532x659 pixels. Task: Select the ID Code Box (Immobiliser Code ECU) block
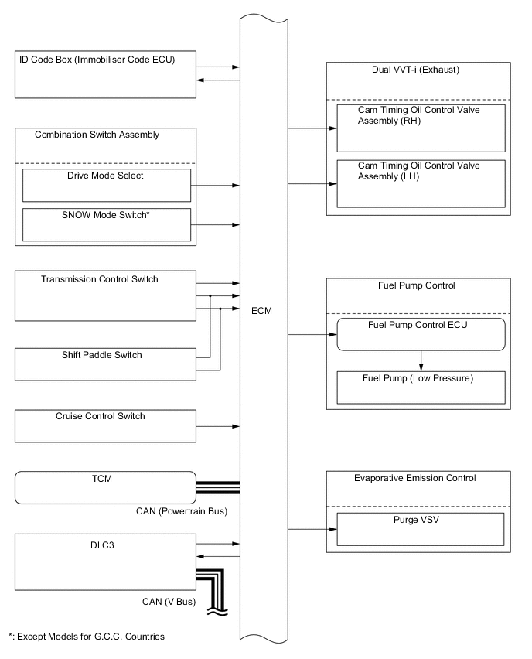click(106, 74)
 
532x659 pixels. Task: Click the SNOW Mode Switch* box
click(107, 224)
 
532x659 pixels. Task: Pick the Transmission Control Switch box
click(106, 295)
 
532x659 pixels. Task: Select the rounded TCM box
click(106, 488)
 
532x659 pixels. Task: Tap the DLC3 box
click(106, 565)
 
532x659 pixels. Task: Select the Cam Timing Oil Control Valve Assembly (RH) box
click(421, 127)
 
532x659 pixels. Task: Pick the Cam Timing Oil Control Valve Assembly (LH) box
click(421, 183)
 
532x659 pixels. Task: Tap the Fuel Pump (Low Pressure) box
click(421, 388)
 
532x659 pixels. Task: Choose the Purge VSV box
click(421, 529)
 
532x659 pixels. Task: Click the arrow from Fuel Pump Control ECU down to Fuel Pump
click(421, 361)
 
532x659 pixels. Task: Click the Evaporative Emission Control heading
click(419, 478)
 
